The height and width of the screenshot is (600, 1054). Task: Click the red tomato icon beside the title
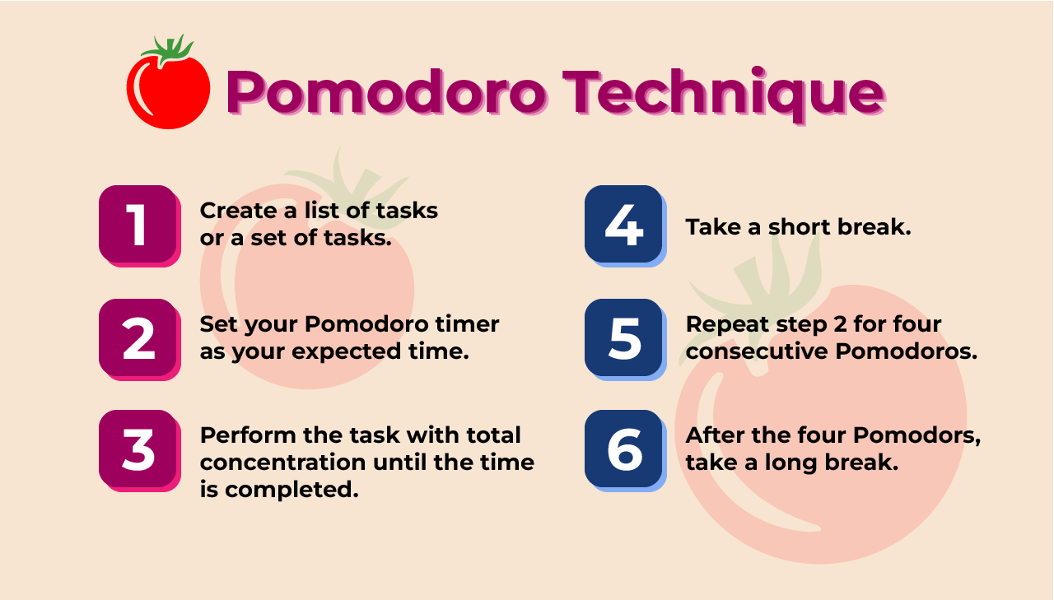pyautogui.click(x=168, y=91)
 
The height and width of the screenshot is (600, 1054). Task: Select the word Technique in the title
pyautogui.click(x=722, y=92)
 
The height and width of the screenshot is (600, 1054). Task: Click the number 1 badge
pyautogui.click(x=138, y=225)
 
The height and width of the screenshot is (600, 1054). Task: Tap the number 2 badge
pyautogui.click(x=138, y=337)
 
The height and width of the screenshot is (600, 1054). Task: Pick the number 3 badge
pyautogui.click(x=138, y=449)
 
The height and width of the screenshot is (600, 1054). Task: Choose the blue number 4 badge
pyautogui.click(x=623, y=225)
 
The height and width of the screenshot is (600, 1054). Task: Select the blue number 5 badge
pyautogui.click(x=623, y=337)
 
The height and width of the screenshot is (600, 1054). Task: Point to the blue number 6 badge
pyautogui.click(x=623, y=449)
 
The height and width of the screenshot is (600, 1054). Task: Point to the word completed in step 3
pyautogui.click(x=291, y=491)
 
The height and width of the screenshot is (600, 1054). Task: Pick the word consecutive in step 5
pyautogui.click(x=758, y=351)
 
